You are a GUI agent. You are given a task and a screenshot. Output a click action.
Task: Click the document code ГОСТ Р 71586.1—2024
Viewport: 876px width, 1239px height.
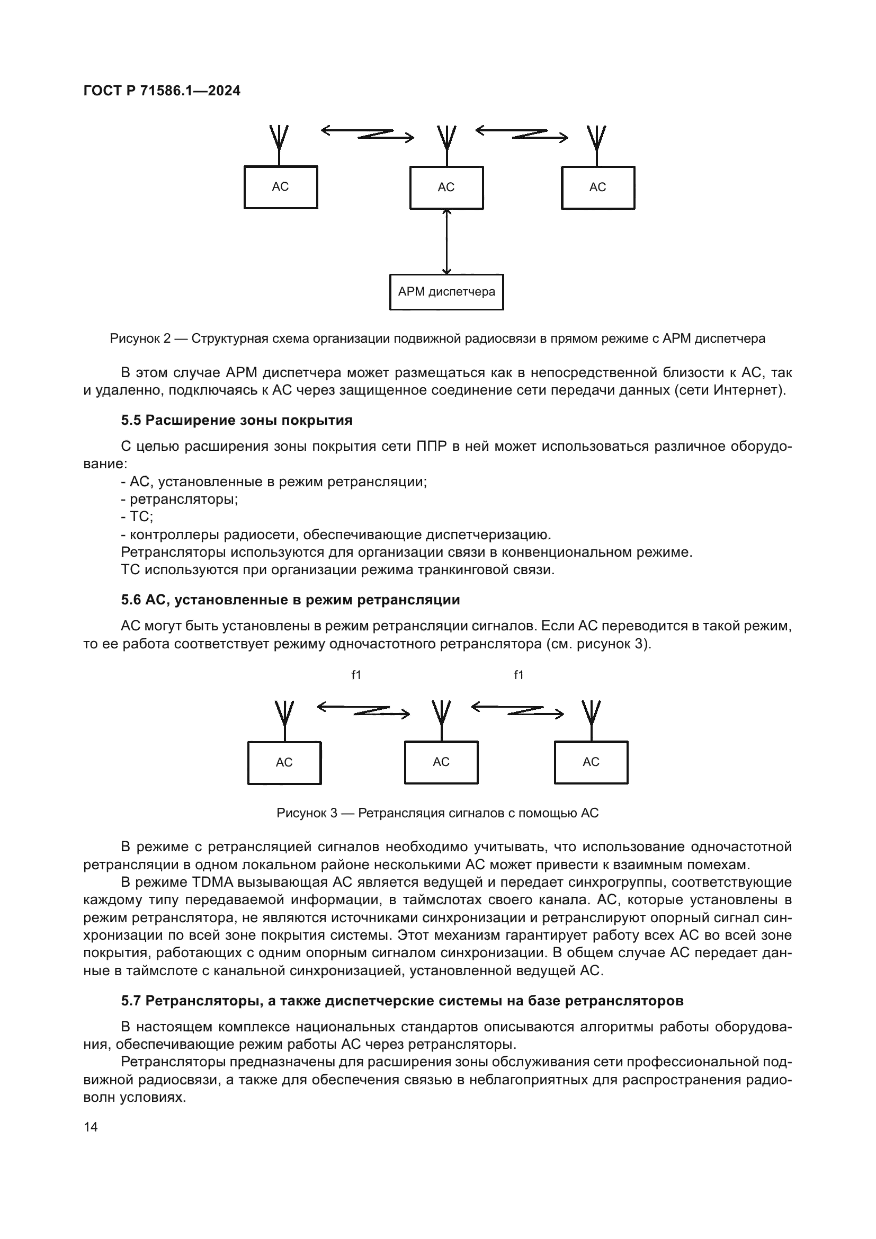click(162, 91)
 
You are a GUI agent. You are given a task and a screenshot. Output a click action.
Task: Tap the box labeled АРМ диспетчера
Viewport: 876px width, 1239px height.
click(446, 292)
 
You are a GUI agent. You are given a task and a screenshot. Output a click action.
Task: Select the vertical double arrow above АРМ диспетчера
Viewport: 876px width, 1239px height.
click(446, 241)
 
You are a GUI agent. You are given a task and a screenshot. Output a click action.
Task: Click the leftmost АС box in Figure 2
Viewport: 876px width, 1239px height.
click(281, 186)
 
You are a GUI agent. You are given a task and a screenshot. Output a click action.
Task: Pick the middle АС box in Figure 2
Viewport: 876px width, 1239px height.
click(446, 187)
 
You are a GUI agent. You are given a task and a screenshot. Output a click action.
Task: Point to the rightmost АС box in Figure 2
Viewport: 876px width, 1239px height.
click(597, 187)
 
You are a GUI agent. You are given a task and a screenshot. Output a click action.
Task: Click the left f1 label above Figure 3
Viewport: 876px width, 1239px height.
click(356, 675)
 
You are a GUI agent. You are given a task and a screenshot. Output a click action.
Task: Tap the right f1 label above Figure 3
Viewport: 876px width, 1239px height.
click(519, 675)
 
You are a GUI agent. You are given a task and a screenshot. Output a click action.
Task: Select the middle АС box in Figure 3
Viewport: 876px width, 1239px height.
click(441, 762)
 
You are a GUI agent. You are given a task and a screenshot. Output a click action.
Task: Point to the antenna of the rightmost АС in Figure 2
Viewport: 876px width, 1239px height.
click(596, 142)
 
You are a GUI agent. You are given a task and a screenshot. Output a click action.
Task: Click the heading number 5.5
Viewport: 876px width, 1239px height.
click(131, 421)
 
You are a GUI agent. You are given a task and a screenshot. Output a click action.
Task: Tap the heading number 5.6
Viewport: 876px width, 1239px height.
click(131, 600)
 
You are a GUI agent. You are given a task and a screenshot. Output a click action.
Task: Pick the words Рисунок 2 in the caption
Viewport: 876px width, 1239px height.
click(140, 338)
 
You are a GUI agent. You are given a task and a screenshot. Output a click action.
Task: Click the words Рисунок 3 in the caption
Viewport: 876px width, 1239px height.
click(306, 813)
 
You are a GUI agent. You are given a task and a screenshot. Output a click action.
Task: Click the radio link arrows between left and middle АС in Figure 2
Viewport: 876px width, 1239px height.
click(368, 133)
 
